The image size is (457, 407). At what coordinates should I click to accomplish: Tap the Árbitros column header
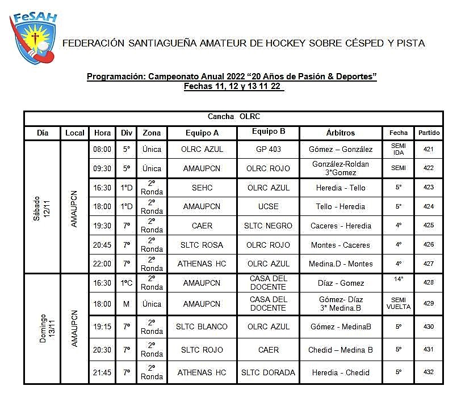click(x=340, y=133)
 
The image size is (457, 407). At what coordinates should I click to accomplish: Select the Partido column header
click(x=429, y=133)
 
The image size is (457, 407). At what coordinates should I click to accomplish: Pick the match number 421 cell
click(x=429, y=149)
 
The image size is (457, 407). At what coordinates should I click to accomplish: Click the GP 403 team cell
click(x=267, y=149)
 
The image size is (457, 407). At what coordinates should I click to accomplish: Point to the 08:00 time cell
click(x=102, y=149)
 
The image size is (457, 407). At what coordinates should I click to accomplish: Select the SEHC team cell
click(x=202, y=188)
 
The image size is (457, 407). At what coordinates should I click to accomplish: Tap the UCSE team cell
click(x=267, y=206)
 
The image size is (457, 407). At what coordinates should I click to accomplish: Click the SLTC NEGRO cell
click(x=267, y=226)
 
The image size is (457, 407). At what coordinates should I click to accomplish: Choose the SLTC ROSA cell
click(x=202, y=245)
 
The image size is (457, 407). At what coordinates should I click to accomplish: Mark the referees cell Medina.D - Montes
click(x=341, y=264)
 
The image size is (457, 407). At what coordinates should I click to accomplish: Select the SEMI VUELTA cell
click(x=399, y=304)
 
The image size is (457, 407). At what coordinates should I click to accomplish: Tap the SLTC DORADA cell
click(x=268, y=372)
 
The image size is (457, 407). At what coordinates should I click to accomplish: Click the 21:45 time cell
click(x=102, y=372)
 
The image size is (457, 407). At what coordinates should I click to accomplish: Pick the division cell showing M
click(x=126, y=304)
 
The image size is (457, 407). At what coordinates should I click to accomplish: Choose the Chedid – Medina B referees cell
click(x=341, y=350)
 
